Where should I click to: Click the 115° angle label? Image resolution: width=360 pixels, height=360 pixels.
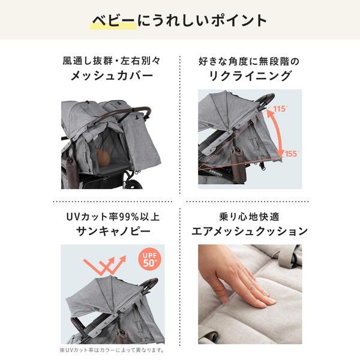coord(279,109)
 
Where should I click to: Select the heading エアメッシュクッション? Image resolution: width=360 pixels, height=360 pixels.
coord(248,230)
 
